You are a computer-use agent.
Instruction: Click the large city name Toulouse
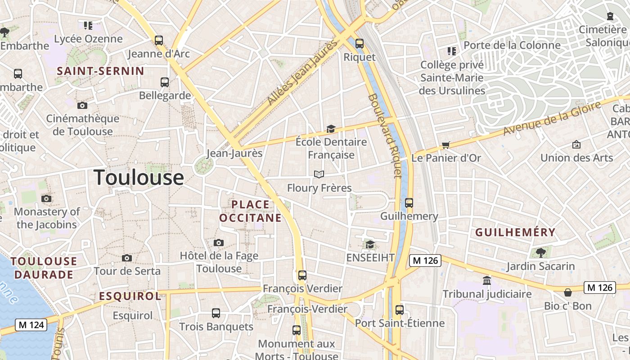tap(139, 178)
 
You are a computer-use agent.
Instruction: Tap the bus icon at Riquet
tap(359, 44)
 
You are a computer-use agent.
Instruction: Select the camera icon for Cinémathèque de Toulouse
tap(82, 105)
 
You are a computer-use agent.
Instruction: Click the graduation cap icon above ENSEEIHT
tap(370, 244)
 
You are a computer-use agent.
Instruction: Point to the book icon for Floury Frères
tap(319, 174)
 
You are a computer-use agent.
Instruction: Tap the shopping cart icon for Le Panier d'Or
tap(445, 145)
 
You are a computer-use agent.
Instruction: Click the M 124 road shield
tap(31, 324)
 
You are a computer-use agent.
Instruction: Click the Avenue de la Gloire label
tap(552, 118)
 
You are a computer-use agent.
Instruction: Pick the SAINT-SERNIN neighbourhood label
tap(100, 71)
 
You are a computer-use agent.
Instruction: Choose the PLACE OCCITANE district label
tap(250, 211)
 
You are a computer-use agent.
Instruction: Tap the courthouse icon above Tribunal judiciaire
tap(487, 281)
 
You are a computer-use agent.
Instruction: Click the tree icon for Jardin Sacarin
tap(540, 252)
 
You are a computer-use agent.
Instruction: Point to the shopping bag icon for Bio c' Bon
tap(568, 292)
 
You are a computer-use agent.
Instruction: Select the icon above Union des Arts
tap(576, 144)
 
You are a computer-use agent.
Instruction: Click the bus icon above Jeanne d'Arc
tap(159, 40)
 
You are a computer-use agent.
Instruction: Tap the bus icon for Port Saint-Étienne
tap(399, 310)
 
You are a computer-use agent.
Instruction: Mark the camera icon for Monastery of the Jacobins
tap(46, 198)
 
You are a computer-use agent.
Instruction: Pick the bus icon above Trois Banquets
tap(216, 313)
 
